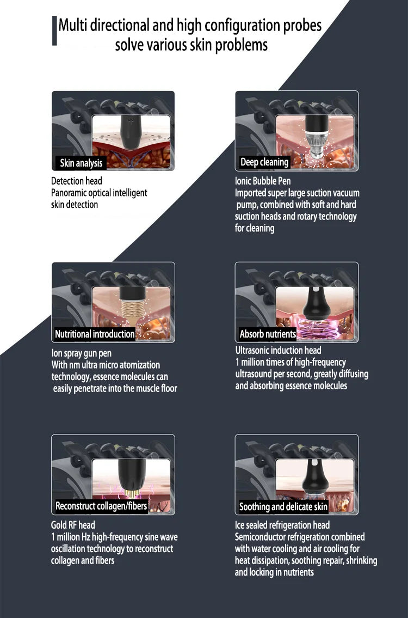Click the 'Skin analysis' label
[x=81, y=163]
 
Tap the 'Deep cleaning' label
[x=264, y=162]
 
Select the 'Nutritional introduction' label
[x=95, y=334]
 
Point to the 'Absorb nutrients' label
[x=268, y=334]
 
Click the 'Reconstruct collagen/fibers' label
[x=101, y=506]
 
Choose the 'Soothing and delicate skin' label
[x=283, y=507]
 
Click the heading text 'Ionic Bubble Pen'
[x=263, y=181]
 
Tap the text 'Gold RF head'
[x=73, y=525]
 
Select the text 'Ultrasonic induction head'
[x=278, y=350]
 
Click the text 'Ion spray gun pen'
[x=82, y=353]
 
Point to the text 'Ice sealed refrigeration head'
[x=282, y=525]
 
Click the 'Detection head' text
[x=76, y=181]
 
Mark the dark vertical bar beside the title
[x=54, y=30]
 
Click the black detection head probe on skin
[x=131, y=132]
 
